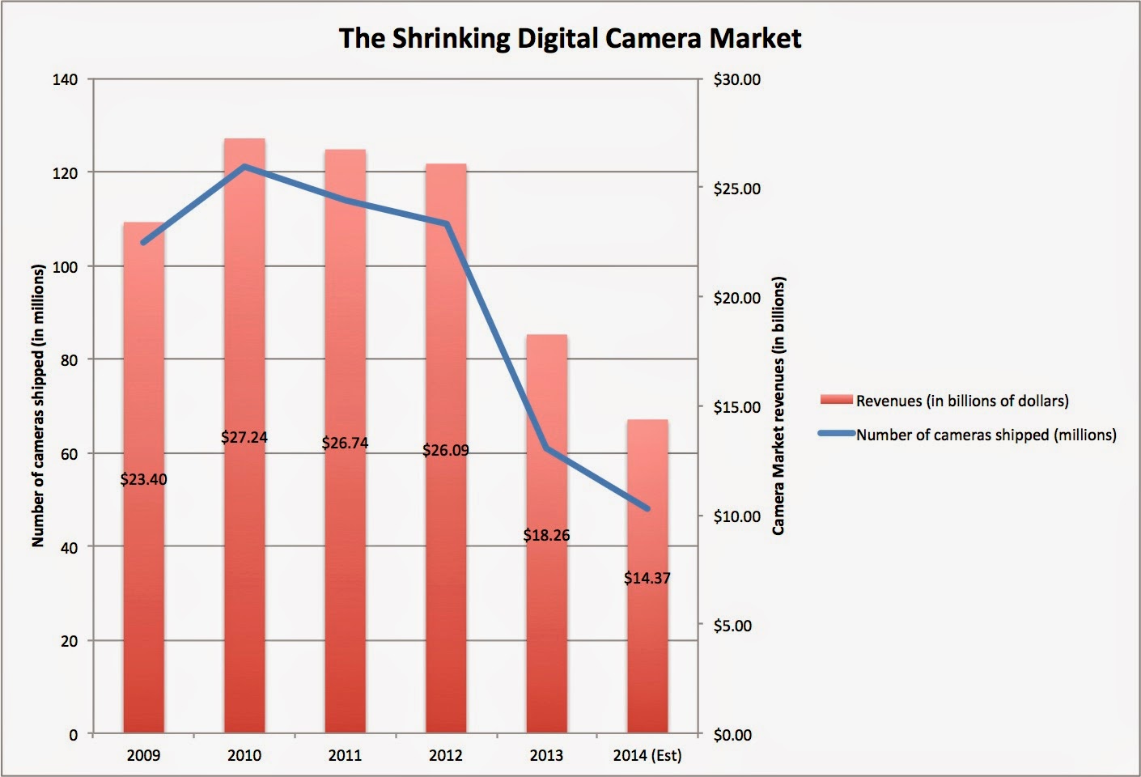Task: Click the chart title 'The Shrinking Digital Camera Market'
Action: (570, 38)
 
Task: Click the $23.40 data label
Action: (143, 479)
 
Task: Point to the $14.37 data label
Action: (647, 578)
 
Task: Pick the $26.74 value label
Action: (345, 443)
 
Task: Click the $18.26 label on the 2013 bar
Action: (546, 535)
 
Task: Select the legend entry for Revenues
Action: (961, 401)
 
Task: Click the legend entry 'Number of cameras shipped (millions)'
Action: (986, 435)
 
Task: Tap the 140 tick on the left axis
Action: (66, 79)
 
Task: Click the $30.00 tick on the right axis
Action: (736, 79)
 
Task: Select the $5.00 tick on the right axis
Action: (732, 626)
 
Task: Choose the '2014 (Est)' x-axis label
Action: (647, 755)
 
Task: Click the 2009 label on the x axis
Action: (143, 755)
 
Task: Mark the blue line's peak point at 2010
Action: (244, 166)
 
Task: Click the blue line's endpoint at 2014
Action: (647, 509)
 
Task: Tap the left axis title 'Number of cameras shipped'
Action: (38, 405)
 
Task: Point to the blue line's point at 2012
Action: (446, 223)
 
